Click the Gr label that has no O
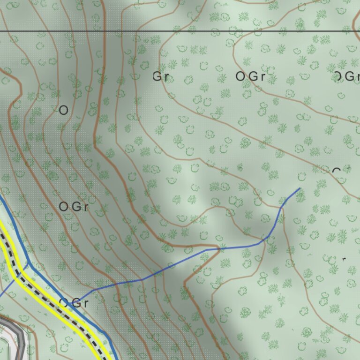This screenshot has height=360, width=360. click(161, 76)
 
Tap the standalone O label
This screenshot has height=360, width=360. click(64, 110)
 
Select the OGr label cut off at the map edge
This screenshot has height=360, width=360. click(347, 76)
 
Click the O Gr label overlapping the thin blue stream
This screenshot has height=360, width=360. click(74, 303)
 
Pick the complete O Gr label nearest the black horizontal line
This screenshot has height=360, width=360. click(250, 76)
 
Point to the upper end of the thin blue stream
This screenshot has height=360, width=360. click(300, 188)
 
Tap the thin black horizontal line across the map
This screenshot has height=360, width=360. click(187, 31)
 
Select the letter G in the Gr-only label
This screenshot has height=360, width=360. click(157, 76)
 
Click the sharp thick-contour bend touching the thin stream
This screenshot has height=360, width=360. click(218, 247)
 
